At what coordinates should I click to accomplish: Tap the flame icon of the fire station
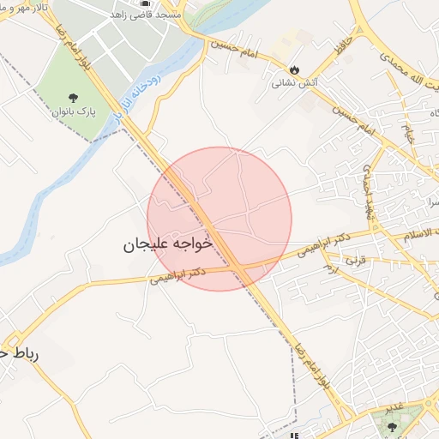point(295,69)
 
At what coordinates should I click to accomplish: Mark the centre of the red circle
point(219,219)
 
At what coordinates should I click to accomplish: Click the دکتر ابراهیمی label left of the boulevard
point(178,275)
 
